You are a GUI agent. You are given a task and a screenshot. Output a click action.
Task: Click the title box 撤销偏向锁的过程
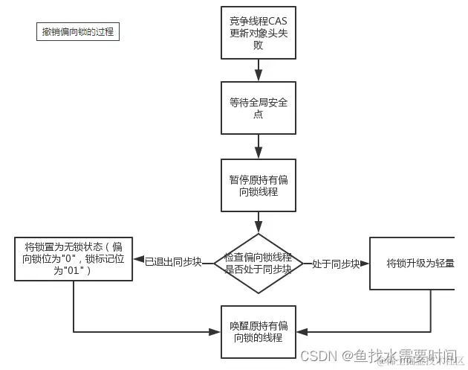tap(77, 32)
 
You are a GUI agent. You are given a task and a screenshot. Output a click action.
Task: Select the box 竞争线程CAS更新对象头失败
tap(259, 33)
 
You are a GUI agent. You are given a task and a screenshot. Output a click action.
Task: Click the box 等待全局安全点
tap(259, 109)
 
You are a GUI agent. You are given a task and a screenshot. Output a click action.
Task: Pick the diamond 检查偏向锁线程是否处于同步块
tap(259, 264)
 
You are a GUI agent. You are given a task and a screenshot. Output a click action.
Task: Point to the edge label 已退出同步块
tap(173, 262)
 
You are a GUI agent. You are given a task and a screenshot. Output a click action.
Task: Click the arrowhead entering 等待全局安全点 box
tap(259, 75)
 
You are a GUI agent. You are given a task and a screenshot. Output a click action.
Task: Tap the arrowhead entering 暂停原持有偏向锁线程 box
tap(259, 153)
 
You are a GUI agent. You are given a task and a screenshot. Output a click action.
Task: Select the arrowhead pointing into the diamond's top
tap(259, 228)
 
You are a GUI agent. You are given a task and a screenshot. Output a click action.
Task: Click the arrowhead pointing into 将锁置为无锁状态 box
tap(139, 260)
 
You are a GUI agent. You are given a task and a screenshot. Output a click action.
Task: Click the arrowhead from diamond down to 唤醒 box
tap(259, 300)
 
